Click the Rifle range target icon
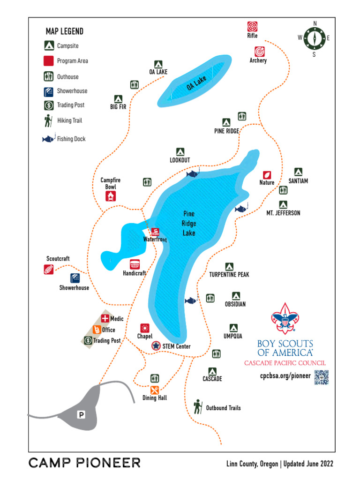[x=252, y=27]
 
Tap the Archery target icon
[x=259, y=51]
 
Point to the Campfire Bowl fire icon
[x=111, y=197]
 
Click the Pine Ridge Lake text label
[x=189, y=224]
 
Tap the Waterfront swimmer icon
[x=155, y=232]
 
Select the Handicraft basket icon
[x=135, y=264]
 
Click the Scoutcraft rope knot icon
[x=49, y=269]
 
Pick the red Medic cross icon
[x=105, y=319]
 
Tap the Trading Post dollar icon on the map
[x=88, y=340]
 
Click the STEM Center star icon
[x=156, y=346]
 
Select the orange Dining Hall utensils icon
[x=155, y=390]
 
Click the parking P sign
[x=81, y=414]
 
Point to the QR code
[x=321, y=377]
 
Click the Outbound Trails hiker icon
[x=198, y=407]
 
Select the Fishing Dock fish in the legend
[x=48, y=139]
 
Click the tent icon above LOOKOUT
[x=180, y=151]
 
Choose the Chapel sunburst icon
[x=144, y=328]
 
